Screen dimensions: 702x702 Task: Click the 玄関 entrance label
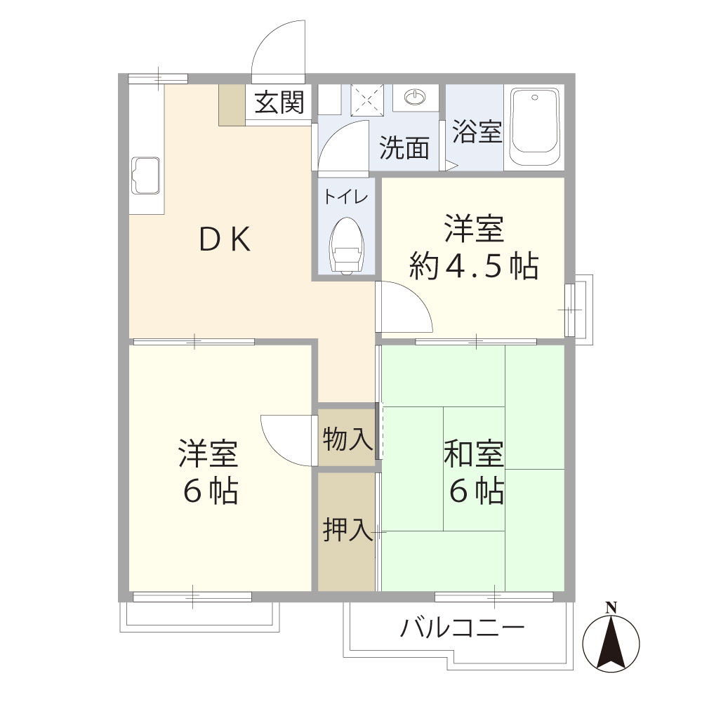[x=279, y=104]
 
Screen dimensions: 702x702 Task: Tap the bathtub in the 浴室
[x=534, y=127]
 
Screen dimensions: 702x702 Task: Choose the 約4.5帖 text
[x=474, y=266]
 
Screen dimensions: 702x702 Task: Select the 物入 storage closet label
[x=346, y=440]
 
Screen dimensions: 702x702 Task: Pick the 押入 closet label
[x=346, y=530]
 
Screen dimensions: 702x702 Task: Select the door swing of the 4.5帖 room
[x=404, y=305]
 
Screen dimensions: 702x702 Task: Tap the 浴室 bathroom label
[x=477, y=131]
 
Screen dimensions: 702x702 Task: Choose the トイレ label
[x=345, y=197]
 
